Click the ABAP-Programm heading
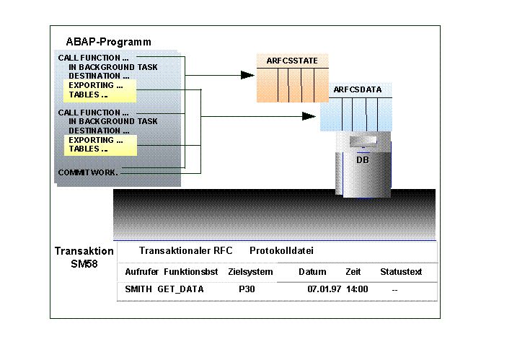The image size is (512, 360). point(108,42)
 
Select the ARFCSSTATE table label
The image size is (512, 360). point(292,61)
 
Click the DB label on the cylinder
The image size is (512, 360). point(363,159)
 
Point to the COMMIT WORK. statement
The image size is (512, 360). point(88,172)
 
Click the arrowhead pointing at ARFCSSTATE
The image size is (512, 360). point(247,74)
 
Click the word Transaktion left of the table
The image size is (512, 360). point(84,251)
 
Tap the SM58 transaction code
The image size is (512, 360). point(84,265)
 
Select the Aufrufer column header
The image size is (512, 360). point(141,272)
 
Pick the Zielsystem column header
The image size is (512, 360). point(250,272)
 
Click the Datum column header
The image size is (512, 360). point(312,272)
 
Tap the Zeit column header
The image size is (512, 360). point(353,272)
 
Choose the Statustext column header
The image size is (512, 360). point(401,272)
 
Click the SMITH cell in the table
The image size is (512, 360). point(138,289)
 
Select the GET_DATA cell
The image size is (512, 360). point(181,289)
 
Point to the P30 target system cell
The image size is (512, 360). point(247,289)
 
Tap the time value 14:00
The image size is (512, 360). point(357,289)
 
